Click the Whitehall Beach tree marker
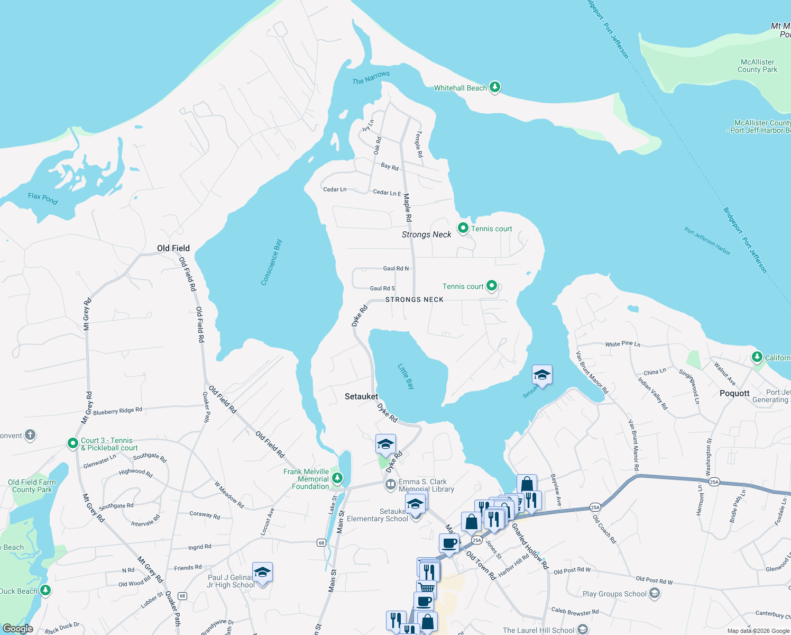pyautogui.click(x=494, y=87)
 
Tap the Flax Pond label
pyautogui.click(x=43, y=198)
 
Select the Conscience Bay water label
pyautogui.click(x=272, y=262)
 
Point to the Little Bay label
pyautogui.click(x=406, y=376)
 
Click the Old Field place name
pyautogui.click(x=173, y=248)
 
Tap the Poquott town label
pyautogui.click(x=734, y=393)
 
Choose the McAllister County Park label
pyautogui.click(x=757, y=66)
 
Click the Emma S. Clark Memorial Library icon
pyautogui.click(x=390, y=484)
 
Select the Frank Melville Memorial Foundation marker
pyautogui.click(x=337, y=478)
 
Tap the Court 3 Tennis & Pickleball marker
pyautogui.click(x=73, y=443)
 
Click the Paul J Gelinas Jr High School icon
pyautogui.click(x=262, y=572)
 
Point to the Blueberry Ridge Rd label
pyautogui.click(x=117, y=411)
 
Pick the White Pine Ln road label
pyautogui.click(x=622, y=344)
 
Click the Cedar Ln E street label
pyautogui.click(x=387, y=193)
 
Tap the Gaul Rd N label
pyautogui.click(x=395, y=268)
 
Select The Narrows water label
pyautogui.click(x=371, y=78)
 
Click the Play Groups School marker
pyautogui.click(x=654, y=593)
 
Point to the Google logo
pyautogui.click(x=18, y=629)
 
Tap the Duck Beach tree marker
pyautogui.click(x=46, y=590)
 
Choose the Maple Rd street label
pyautogui.click(x=407, y=207)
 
